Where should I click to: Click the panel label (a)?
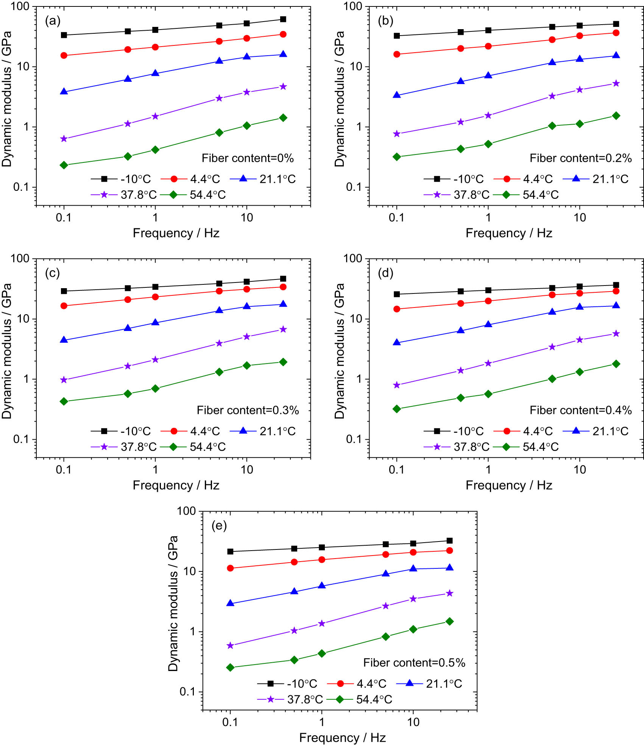click(x=53, y=21)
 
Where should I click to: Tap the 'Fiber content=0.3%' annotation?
click(x=248, y=410)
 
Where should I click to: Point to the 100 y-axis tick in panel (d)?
click(x=352, y=258)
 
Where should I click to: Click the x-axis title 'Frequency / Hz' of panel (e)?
click(x=342, y=737)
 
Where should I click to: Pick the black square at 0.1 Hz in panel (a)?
click(x=64, y=35)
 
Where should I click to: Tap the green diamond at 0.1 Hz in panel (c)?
click(x=64, y=401)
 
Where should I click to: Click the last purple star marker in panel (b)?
click(x=616, y=83)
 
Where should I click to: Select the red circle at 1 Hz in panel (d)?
click(x=488, y=301)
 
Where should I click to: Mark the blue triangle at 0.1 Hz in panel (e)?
click(x=230, y=603)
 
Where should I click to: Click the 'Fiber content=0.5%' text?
click(x=414, y=663)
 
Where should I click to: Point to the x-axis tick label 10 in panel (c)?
click(x=247, y=470)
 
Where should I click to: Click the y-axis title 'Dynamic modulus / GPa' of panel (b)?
click(x=340, y=99)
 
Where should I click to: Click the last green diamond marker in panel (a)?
click(x=283, y=118)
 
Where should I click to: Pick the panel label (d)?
click(x=385, y=273)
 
